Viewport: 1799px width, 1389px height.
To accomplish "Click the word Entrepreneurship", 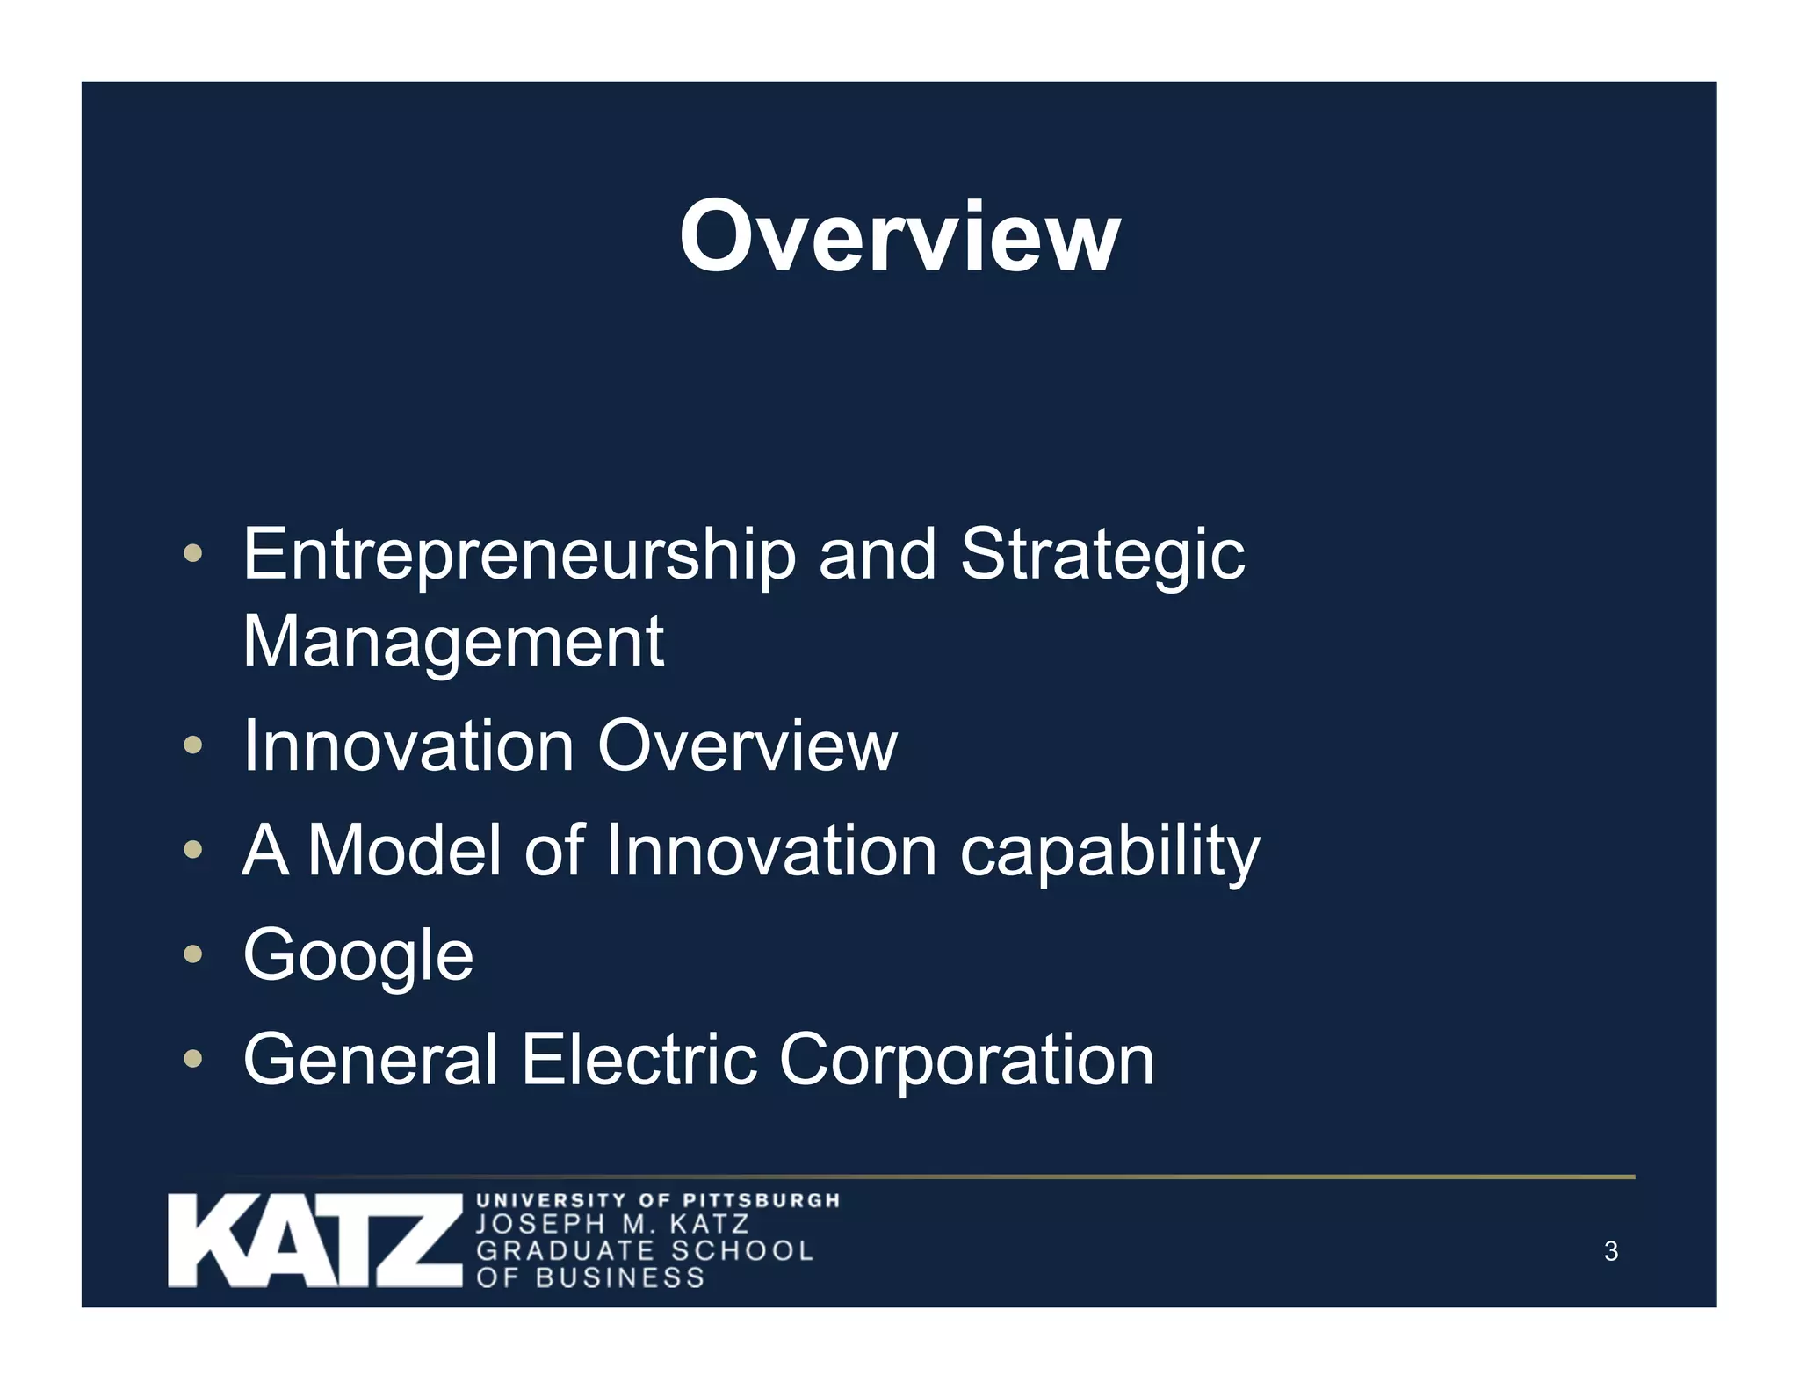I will coord(518,555).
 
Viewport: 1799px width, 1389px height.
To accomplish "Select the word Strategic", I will coord(1102,555).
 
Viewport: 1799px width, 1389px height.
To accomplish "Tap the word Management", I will coord(453,641).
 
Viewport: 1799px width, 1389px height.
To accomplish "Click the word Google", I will coord(358,955).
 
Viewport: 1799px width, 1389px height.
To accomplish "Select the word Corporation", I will coord(966,1059).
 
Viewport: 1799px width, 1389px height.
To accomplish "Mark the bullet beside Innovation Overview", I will coord(192,745).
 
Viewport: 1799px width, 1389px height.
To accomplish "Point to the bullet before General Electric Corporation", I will coord(192,1059).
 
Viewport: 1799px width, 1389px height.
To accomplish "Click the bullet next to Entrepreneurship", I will coord(192,554).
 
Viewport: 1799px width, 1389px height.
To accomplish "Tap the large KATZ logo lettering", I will coord(314,1240).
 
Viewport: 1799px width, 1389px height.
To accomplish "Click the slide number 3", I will coord(1610,1251).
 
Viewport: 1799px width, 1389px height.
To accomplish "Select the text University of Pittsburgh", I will coord(658,1200).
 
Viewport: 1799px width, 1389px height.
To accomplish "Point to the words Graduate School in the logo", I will coord(645,1250).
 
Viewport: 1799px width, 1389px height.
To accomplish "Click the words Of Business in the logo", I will coord(590,1277).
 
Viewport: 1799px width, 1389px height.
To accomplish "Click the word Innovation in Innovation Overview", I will coord(409,746).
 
